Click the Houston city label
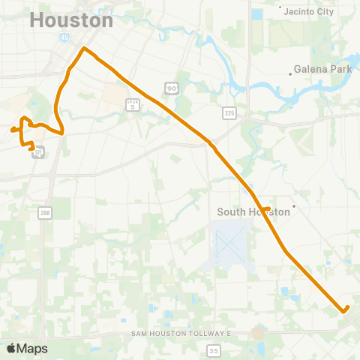pos(72,20)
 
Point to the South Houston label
pos(253,212)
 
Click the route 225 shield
pos(229,112)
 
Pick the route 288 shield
pos(45,214)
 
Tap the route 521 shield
pos(39,153)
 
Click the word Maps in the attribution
pos(33,348)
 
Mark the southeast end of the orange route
pos(345,309)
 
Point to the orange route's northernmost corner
pos(84,49)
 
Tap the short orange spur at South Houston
pos(265,208)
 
